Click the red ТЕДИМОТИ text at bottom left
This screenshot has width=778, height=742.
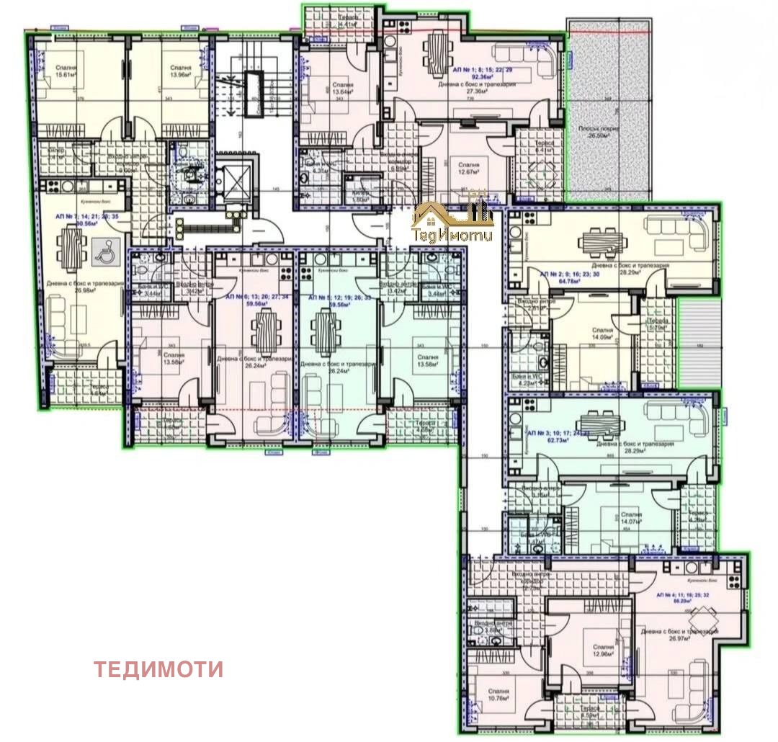158,669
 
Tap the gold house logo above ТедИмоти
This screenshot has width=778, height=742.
452,215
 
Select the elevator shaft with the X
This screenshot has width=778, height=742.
233,177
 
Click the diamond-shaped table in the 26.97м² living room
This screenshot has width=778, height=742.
703,617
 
